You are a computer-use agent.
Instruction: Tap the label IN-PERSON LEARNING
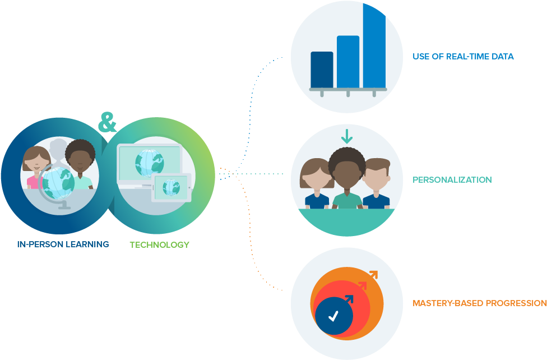click(63, 244)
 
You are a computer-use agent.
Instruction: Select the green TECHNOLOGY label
click(159, 244)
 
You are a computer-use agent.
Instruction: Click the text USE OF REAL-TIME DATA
click(463, 57)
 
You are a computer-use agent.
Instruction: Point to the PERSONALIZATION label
click(452, 180)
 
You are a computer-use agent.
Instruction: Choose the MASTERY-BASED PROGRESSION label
click(479, 303)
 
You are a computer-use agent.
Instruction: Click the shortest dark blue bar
click(322, 70)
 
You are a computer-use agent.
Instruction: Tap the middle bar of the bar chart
click(348, 62)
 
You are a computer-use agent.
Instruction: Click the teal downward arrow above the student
click(347, 136)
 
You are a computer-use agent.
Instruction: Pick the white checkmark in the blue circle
click(333, 316)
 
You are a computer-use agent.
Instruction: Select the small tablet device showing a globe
click(171, 186)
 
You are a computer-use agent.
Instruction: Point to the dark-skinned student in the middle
click(346, 174)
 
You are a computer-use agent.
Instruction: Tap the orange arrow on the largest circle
click(372, 276)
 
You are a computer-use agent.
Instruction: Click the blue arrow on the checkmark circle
click(349, 299)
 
